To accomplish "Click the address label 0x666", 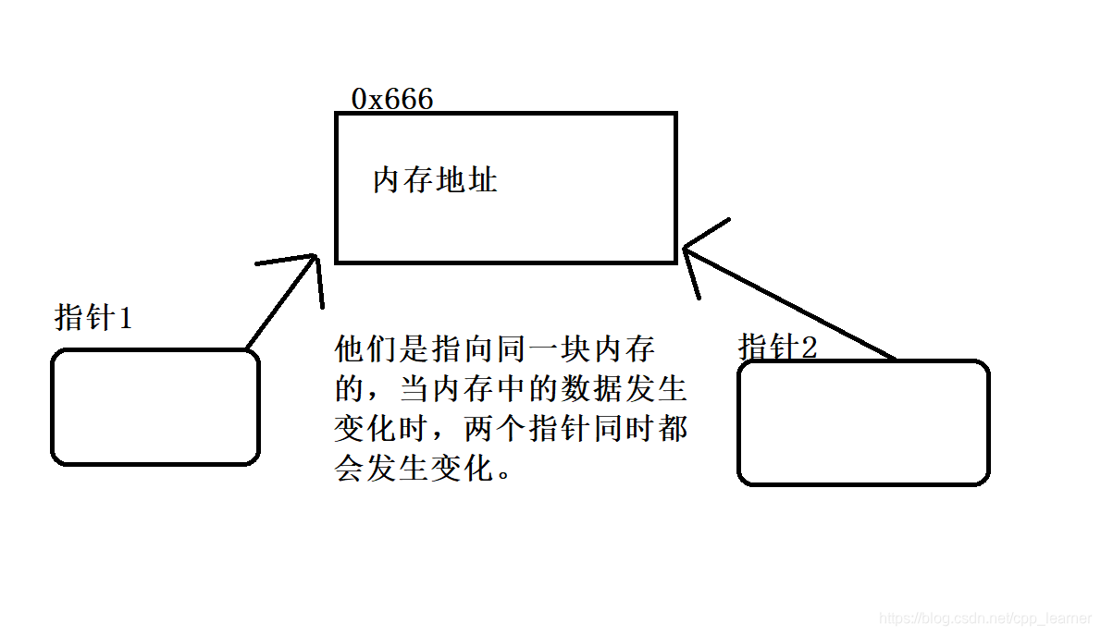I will (392, 99).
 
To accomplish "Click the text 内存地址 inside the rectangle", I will (435, 179).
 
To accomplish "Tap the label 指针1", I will (93, 318).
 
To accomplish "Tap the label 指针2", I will (778, 348).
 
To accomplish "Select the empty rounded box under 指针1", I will (155, 407).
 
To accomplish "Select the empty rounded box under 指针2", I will (863, 422).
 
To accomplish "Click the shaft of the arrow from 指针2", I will (796, 306).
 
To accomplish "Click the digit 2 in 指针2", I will (809, 348).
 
